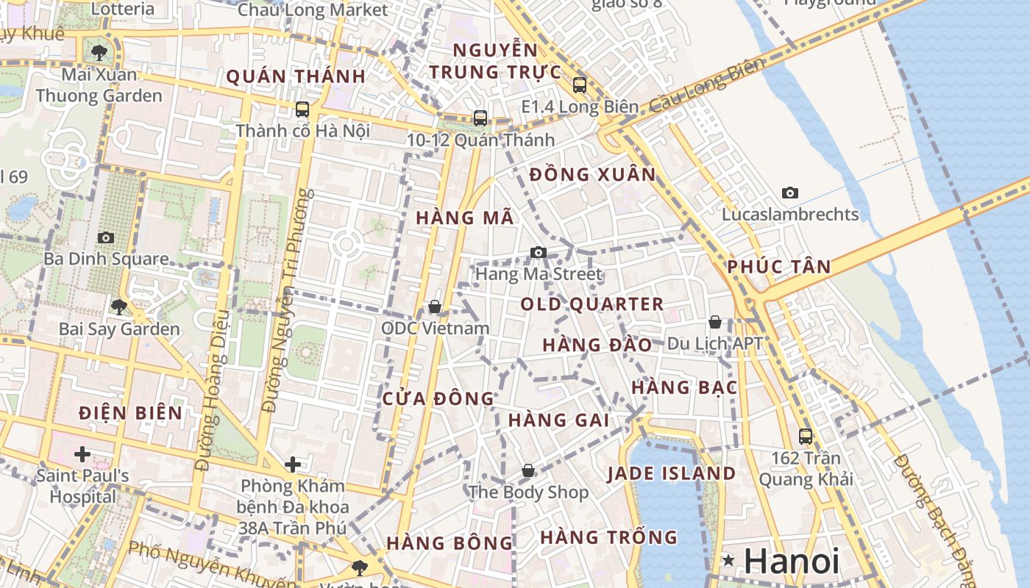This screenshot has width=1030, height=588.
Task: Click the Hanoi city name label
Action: (x=791, y=562)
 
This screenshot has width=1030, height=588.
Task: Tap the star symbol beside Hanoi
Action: (x=729, y=562)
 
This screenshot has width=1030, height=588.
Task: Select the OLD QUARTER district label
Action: (x=592, y=304)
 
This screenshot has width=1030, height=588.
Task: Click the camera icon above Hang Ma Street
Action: (x=539, y=253)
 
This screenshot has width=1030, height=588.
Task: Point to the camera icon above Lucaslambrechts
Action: (x=790, y=193)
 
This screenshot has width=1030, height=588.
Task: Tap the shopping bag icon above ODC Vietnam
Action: (x=435, y=306)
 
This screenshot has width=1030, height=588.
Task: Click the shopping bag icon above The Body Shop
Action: (x=528, y=470)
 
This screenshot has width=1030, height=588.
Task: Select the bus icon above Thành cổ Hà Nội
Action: (x=302, y=110)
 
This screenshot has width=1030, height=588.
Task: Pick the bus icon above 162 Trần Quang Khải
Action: (x=806, y=437)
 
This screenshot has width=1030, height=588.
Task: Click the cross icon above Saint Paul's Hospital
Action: (x=82, y=453)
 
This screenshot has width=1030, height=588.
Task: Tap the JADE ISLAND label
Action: (x=671, y=474)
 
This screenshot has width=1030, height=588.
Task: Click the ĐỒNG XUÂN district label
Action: (x=592, y=175)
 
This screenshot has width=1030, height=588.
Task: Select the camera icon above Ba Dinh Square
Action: (x=106, y=238)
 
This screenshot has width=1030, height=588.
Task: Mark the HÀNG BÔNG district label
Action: (x=449, y=544)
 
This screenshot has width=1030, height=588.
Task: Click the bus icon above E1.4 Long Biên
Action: (x=580, y=85)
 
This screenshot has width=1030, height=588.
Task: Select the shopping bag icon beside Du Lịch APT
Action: (x=714, y=322)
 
